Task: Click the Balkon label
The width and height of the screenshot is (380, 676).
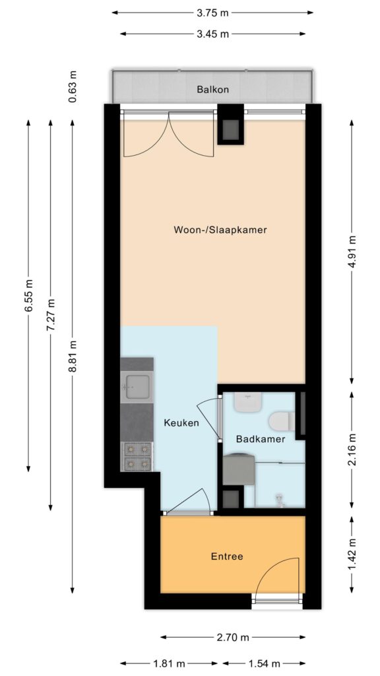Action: tap(212, 90)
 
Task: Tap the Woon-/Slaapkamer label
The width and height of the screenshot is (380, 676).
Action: tap(220, 230)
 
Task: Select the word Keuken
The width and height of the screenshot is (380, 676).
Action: tap(181, 423)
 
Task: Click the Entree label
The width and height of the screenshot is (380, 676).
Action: tap(227, 557)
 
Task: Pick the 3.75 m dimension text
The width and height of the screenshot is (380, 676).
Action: tap(212, 13)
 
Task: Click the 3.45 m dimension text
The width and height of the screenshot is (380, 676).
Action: tap(212, 34)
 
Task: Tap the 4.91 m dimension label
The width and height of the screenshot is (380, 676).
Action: tap(352, 252)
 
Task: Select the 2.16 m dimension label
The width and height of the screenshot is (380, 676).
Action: tap(352, 450)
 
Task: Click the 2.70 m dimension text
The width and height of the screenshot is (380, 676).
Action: tap(233, 637)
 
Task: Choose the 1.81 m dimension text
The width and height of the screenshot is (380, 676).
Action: tap(169, 663)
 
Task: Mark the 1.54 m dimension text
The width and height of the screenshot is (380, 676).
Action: tap(264, 663)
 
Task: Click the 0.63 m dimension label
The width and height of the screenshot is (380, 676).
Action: tap(73, 86)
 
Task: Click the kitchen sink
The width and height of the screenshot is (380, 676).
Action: tap(137, 387)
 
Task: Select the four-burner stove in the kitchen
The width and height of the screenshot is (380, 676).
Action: tap(137, 457)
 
